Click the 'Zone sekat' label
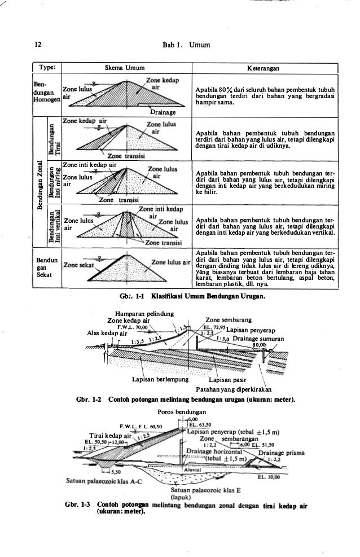[x=77, y=263]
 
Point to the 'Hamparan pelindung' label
[x=138, y=314]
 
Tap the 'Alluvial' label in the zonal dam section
[x=192, y=469]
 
